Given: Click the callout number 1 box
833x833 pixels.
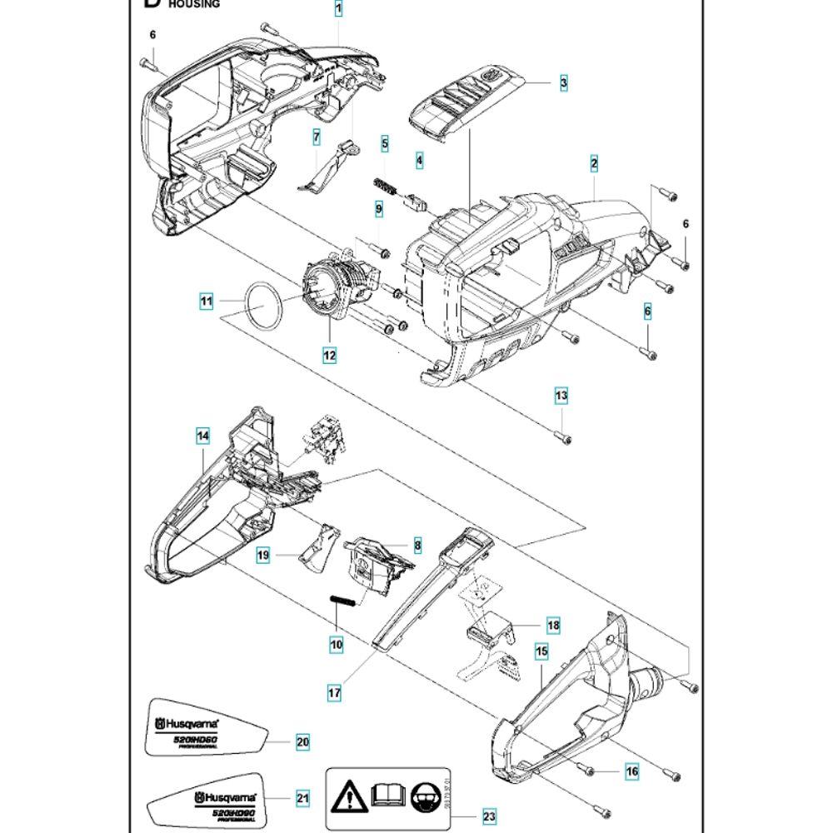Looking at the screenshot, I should point(338,9).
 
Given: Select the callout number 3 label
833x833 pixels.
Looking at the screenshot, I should point(563,82).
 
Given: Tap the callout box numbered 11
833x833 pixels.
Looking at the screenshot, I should point(206,301).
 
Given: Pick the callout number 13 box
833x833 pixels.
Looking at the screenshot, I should point(561,395).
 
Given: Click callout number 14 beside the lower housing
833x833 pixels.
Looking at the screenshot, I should point(202,435).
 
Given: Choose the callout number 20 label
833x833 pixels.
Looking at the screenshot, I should point(302,741).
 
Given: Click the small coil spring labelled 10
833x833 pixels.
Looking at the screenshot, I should point(344,600).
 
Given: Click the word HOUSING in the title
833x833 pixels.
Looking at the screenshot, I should point(194,4).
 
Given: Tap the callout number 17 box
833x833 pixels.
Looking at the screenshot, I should point(334,691).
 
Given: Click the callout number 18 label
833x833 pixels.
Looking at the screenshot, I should point(552,625).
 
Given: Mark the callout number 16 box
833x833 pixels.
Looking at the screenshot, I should point(632,771).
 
